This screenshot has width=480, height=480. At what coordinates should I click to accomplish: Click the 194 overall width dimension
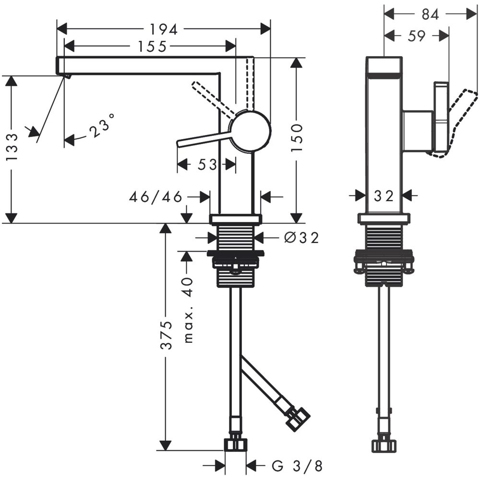pyautogui.click(x=163, y=29)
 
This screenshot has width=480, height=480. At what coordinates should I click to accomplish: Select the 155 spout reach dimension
pyautogui.click(x=150, y=47)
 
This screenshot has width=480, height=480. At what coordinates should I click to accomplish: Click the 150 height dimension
pyautogui.click(x=297, y=138)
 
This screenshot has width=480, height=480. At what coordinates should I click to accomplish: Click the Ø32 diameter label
pyautogui.click(x=300, y=238)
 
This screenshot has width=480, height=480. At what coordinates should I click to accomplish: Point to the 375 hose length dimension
pyautogui.click(x=166, y=336)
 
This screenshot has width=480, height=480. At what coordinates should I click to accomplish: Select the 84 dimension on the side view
pyautogui.click(x=430, y=15)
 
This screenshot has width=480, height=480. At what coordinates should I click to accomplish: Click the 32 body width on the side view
pyautogui.click(x=383, y=195)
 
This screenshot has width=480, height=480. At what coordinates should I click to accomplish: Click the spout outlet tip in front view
pyautogui.click(x=66, y=75)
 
